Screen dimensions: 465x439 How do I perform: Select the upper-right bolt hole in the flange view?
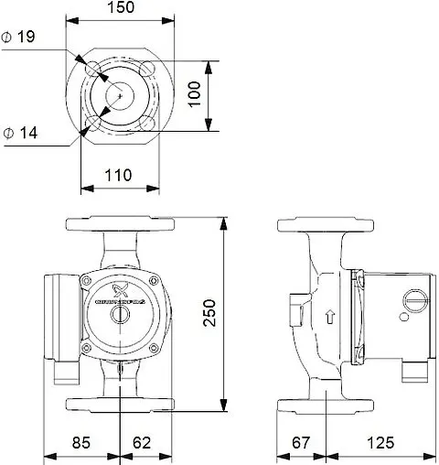coord(146,70)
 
